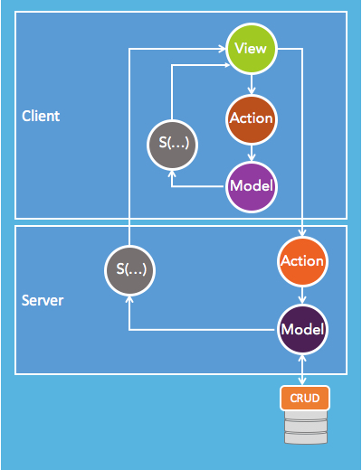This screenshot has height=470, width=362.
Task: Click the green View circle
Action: point(252,49)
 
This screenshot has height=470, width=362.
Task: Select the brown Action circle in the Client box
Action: point(252,119)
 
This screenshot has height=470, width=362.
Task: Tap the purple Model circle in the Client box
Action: point(252,187)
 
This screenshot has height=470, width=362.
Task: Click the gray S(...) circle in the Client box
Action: point(172,145)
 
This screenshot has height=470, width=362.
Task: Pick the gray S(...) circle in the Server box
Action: point(129,270)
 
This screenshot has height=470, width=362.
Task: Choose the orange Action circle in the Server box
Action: point(302,261)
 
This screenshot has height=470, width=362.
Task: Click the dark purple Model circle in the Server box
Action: point(302,330)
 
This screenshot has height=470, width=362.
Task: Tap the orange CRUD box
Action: point(305,398)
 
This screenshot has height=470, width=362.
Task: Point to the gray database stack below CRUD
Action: point(306,427)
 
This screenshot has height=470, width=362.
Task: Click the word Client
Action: point(41,116)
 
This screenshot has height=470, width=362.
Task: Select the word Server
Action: point(43,300)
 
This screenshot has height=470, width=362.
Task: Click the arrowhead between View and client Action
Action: point(252,90)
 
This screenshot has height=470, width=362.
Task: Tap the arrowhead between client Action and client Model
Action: point(252,157)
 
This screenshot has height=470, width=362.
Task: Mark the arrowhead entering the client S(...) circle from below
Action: point(172,174)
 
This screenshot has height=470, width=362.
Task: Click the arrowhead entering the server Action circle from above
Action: point(302,232)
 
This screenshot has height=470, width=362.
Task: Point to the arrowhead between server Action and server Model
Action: point(302,300)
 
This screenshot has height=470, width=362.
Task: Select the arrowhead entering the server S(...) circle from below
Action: point(129,300)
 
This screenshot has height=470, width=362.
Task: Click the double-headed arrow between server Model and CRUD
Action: point(302,371)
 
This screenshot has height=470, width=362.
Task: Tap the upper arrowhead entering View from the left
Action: point(222,49)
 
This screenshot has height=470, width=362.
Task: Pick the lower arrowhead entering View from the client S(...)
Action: point(226,65)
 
